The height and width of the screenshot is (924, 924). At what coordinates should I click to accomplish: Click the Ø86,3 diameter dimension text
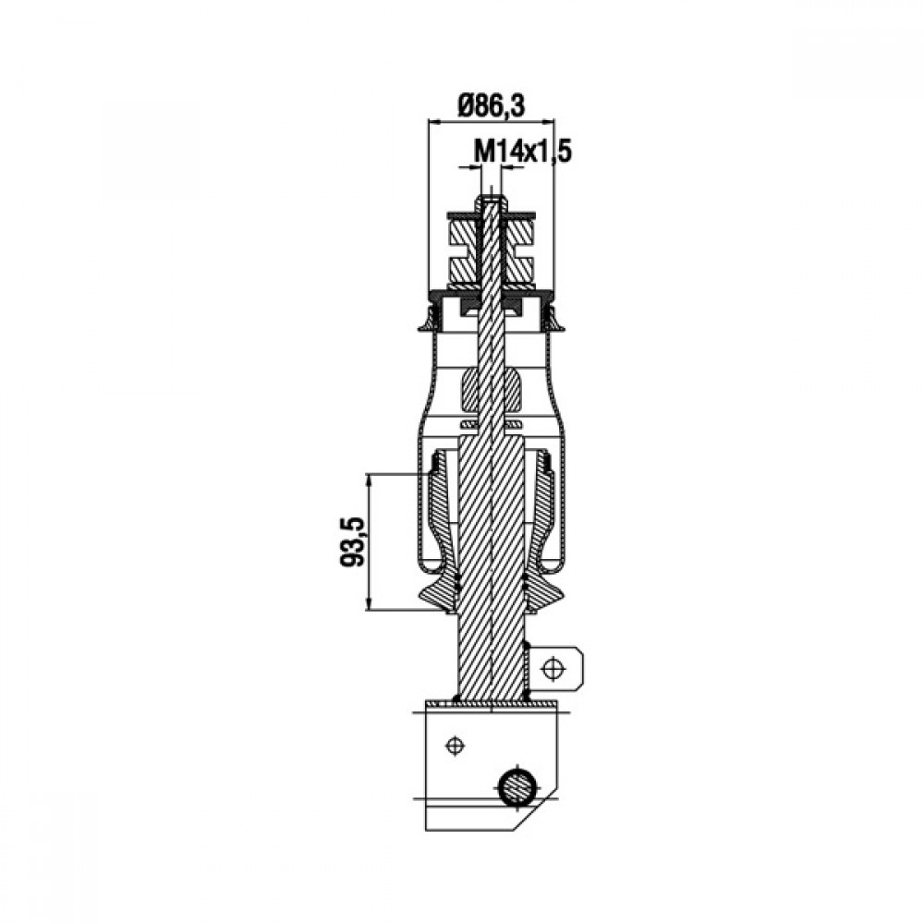tap(491, 106)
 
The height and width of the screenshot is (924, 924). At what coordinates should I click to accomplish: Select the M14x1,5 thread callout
tap(523, 152)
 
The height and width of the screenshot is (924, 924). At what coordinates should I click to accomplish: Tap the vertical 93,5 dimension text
tap(353, 541)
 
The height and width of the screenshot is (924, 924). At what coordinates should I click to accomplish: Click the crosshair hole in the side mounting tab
tap(553, 669)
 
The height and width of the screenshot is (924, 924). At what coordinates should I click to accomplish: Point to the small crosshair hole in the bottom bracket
tap(454, 746)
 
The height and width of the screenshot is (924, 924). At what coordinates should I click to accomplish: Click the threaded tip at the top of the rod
tap(491, 203)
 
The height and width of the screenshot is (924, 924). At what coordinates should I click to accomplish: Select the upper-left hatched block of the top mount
tap(463, 234)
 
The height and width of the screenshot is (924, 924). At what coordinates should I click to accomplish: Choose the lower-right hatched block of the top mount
tap(519, 269)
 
